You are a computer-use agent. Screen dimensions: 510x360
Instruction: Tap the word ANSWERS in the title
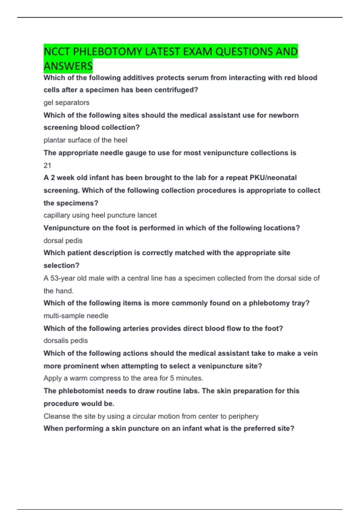tap(68, 66)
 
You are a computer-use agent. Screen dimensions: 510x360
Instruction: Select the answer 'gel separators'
tap(66, 103)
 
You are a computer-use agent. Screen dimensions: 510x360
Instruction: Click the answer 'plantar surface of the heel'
tap(85, 140)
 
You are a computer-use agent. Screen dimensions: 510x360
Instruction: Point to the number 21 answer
tap(47, 165)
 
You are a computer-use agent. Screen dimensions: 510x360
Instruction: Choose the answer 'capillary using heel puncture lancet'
tap(100, 215)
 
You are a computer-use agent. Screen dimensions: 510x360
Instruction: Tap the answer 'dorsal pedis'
tap(63, 241)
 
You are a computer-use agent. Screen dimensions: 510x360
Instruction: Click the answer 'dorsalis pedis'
tap(65, 340)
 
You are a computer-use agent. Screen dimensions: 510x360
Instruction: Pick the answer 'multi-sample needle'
tap(76, 316)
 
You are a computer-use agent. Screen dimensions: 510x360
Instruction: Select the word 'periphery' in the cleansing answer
tap(243, 416)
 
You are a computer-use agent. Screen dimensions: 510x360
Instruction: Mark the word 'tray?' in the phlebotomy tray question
tap(301, 303)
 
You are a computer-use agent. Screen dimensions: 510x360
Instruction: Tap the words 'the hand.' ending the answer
tap(58, 291)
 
